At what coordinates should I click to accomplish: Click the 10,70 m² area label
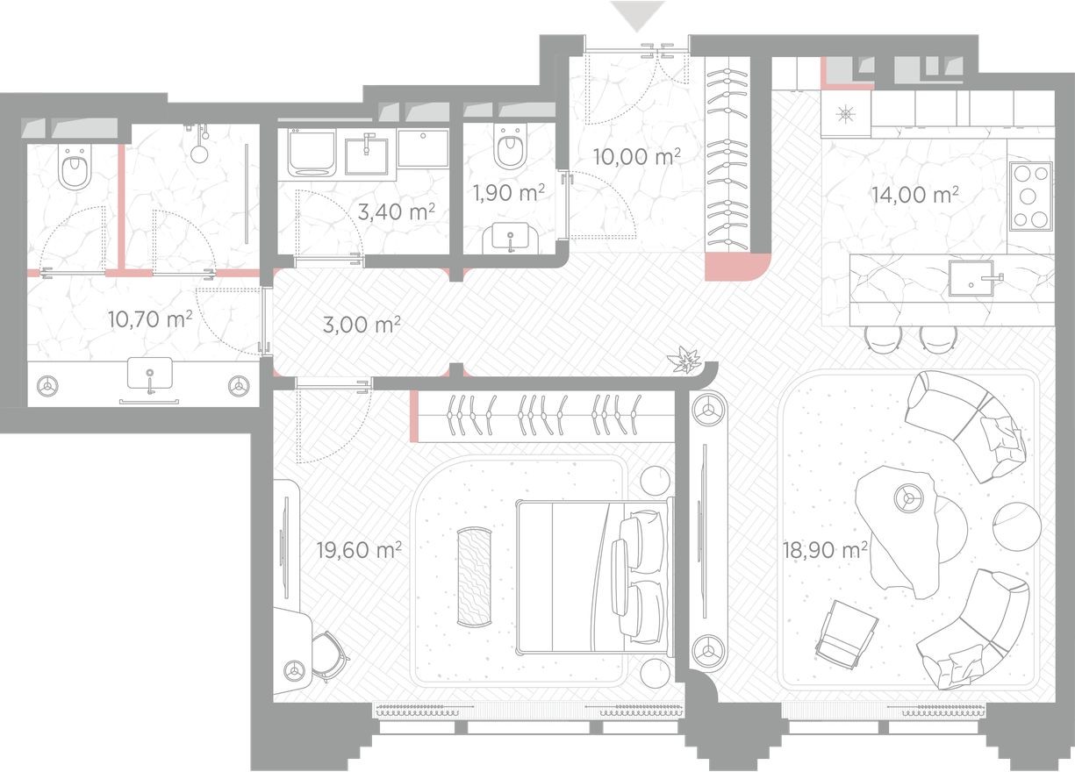pos(149,318)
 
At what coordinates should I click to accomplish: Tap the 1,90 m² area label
pos(504,192)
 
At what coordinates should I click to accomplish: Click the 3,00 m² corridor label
pos(362,324)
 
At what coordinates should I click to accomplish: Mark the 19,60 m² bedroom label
pos(359,550)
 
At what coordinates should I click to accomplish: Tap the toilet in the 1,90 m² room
pos(509,150)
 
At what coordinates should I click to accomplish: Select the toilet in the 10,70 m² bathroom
pos(74,169)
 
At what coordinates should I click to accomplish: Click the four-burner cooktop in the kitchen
pos(1029,197)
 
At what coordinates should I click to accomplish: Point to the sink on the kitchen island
pos(971,280)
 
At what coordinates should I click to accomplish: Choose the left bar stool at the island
pos(881,338)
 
